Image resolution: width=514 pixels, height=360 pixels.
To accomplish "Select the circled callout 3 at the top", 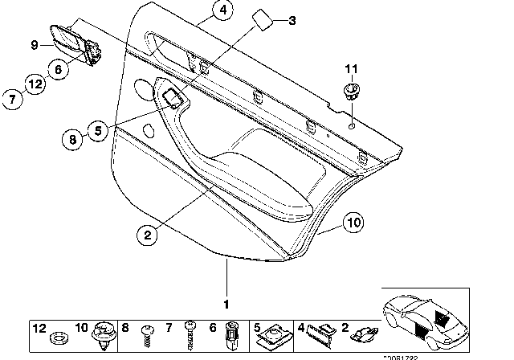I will (x=292, y=20).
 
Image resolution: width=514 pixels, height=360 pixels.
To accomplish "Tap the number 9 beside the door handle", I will (x=35, y=45).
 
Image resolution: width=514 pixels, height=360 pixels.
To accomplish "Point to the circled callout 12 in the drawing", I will (x=33, y=83).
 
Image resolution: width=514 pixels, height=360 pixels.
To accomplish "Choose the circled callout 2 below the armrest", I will (x=146, y=235).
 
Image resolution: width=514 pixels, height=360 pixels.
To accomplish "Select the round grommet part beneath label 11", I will (x=350, y=90).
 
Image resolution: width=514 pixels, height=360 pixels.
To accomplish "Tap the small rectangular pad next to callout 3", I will (x=262, y=17).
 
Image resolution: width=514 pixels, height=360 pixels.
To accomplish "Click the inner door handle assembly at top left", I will (x=74, y=45).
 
